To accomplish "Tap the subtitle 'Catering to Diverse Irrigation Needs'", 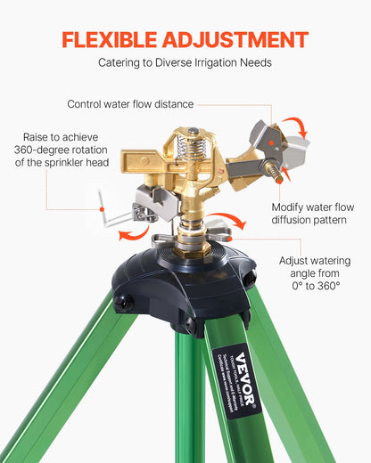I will point(185,64).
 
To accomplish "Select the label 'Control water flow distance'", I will point(130,104).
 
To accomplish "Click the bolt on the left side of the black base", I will point(123,303).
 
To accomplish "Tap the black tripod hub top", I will point(189,267).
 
